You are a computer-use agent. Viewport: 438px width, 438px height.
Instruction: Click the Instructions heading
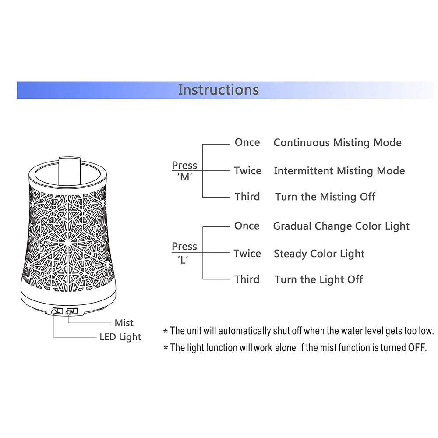[219, 90]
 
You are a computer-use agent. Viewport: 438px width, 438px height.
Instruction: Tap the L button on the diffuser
[57, 311]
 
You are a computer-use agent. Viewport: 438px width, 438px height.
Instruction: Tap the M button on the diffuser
[72, 311]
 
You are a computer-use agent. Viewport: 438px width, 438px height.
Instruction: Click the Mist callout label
[124, 323]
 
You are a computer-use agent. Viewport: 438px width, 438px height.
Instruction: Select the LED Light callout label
[120, 337]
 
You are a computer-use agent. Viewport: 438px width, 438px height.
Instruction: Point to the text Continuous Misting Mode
[337, 143]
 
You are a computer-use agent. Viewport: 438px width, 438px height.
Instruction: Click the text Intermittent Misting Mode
[339, 171]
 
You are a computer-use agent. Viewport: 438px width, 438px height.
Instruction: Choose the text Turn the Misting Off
[325, 197]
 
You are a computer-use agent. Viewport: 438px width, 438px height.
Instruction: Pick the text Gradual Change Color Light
[341, 226]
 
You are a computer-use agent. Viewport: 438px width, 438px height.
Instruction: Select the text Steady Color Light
[319, 254]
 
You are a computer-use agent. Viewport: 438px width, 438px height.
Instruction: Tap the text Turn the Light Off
[319, 279]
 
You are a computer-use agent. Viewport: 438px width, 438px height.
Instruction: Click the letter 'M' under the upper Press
[185, 177]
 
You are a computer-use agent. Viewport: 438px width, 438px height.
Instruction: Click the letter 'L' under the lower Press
[183, 260]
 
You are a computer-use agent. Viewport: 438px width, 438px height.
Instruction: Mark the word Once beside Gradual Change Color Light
[247, 226]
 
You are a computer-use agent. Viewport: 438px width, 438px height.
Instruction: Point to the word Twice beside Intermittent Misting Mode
[247, 171]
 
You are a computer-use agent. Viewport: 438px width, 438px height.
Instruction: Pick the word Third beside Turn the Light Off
[247, 279]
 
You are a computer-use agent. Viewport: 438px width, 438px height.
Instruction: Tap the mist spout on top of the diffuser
[70, 171]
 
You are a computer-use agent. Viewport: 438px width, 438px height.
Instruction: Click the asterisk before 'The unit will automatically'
[166, 331]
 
